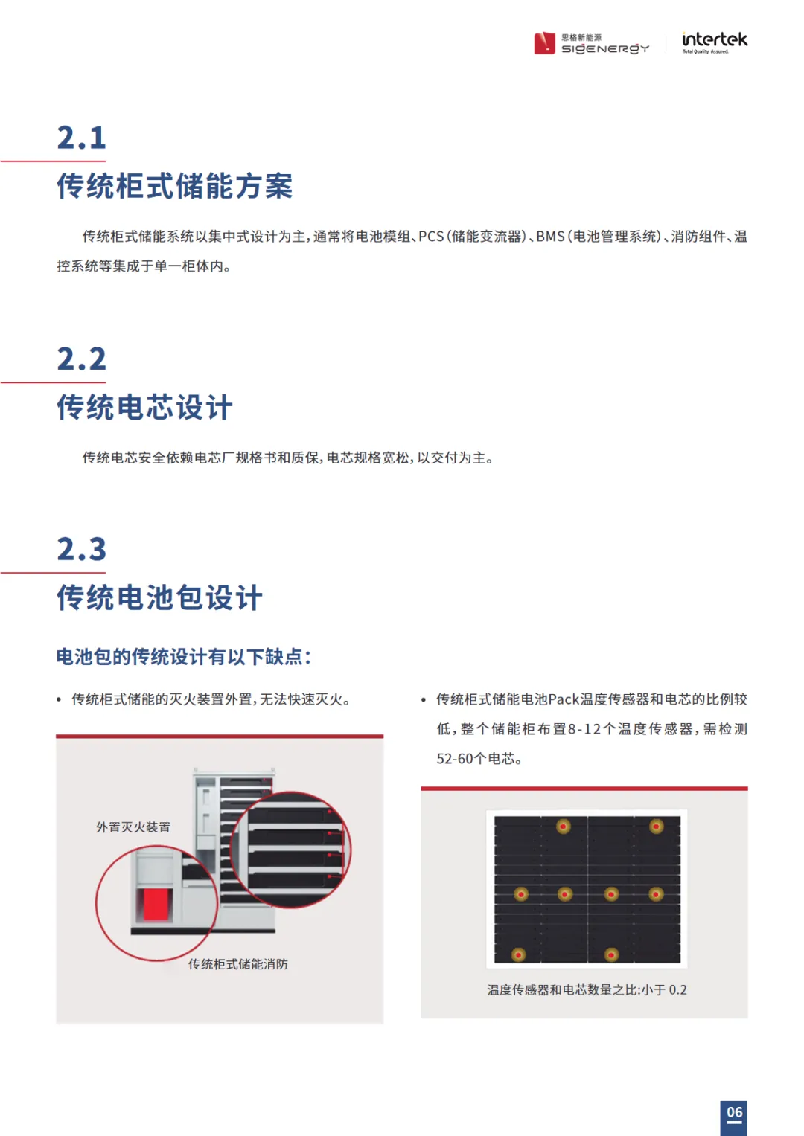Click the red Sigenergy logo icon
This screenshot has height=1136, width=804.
[x=544, y=43]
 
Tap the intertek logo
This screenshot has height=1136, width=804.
[x=715, y=42]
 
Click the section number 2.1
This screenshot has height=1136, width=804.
[x=81, y=138]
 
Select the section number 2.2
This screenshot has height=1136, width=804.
[x=81, y=359]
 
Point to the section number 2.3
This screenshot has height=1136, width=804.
[x=81, y=549]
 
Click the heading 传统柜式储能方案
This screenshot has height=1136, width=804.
[x=175, y=186]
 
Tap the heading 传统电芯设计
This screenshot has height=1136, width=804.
[x=144, y=407]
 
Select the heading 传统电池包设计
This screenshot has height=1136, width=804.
[x=159, y=597]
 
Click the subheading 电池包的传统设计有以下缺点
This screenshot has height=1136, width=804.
[x=182, y=657]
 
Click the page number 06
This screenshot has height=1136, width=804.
[x=734, y=1112]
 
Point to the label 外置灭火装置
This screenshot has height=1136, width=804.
[x=133, y=827]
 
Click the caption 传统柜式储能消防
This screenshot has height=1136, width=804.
[x=237, y=964]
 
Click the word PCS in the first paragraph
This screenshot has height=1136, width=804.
[x=431, y=237]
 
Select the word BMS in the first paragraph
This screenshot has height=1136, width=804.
[x=550, y=237]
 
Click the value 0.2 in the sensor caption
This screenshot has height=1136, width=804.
[x=677, y=989]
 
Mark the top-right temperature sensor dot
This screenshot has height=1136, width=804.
[x=657, y=826]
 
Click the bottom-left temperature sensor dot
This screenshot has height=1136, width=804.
[x=518, y=955]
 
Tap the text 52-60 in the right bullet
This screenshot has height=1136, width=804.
[x=455, y=759]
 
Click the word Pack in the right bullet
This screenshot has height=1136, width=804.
[x=564, y=699]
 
